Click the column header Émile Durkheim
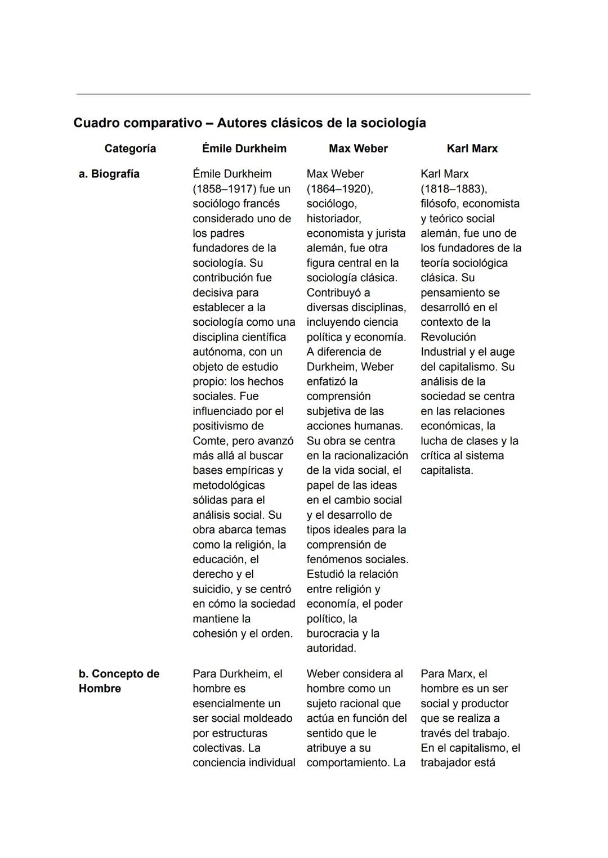244,149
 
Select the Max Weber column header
358,149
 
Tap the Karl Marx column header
472,149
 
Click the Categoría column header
130,149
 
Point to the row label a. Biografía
109,174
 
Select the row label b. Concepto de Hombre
119,681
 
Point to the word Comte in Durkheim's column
209,441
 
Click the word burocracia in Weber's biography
333,634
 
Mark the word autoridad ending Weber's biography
330,648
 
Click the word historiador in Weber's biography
333,218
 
